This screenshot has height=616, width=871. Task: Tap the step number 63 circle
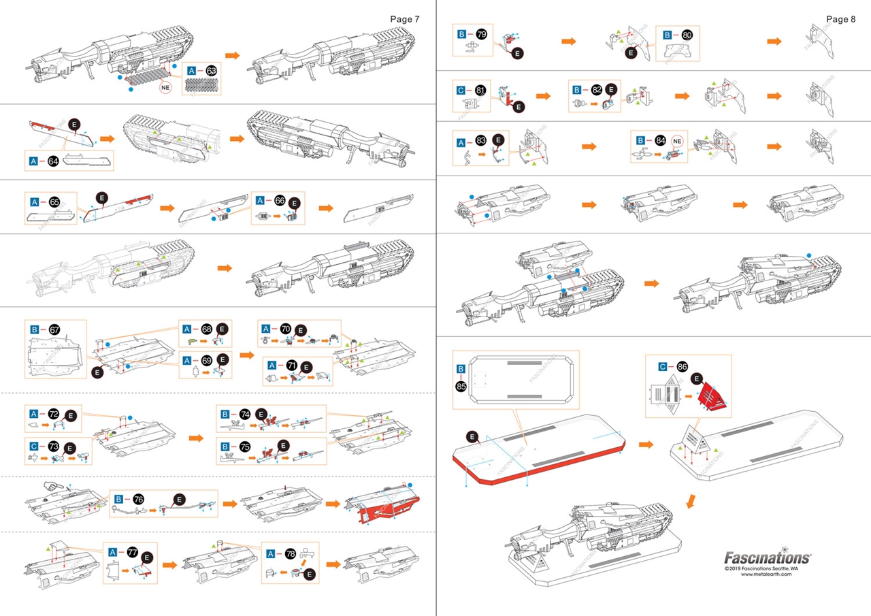[x=211, y=70]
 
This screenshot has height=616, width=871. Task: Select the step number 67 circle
[x=54, y=329]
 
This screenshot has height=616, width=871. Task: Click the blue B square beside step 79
[x=462, y=33]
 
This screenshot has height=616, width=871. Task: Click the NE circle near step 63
[x=165, y=88]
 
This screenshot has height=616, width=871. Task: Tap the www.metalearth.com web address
[x=766, y=574]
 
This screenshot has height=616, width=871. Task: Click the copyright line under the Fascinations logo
[x=766, y=567]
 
